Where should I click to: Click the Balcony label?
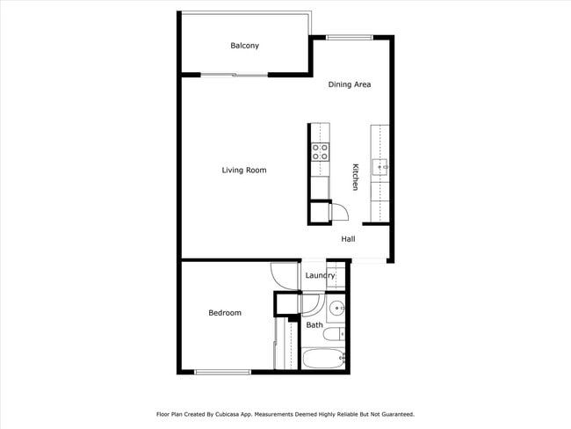tap(244, 46)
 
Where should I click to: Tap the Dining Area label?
tap(350, 84)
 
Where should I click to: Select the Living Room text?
tap(243, 170)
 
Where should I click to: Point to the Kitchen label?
tap(355, 177)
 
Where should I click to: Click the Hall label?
tap(348, 238)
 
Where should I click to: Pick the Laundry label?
tap(320, 276)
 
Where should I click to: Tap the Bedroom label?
tap(224, 313)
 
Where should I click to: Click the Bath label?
tap(314, 325)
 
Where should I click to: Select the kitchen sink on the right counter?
tap(381, 165)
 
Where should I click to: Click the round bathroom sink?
tap(336, 309)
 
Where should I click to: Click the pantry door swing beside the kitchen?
tap(338, 211)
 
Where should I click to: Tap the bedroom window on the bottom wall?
tap(222, 372)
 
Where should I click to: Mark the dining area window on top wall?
tap(349, 37)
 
